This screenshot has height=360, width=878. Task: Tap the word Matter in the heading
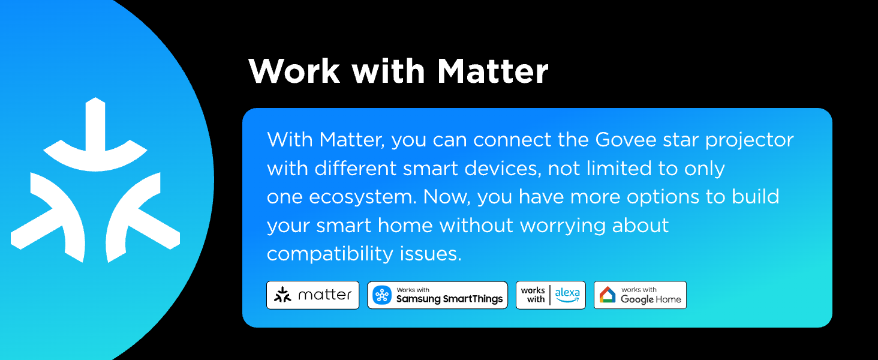pyautogui.click(x=492, y=71)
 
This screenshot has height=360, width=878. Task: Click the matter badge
pyautogui.click(x=312, y=295)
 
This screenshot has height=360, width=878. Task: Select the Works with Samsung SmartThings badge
pyautogui.click(x=437, y=295)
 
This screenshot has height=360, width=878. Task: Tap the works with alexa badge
pyautogui.click(x=551, y=295)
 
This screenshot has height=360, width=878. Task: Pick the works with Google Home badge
pyautogui.click(x=640, y=295)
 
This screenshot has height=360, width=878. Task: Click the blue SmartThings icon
pyautogui.click(x=382, y=295)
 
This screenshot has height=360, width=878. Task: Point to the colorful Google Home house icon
pyautogui.click(x=608, y=295)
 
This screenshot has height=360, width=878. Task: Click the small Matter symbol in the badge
pyautogui.click(x=282, y=295)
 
